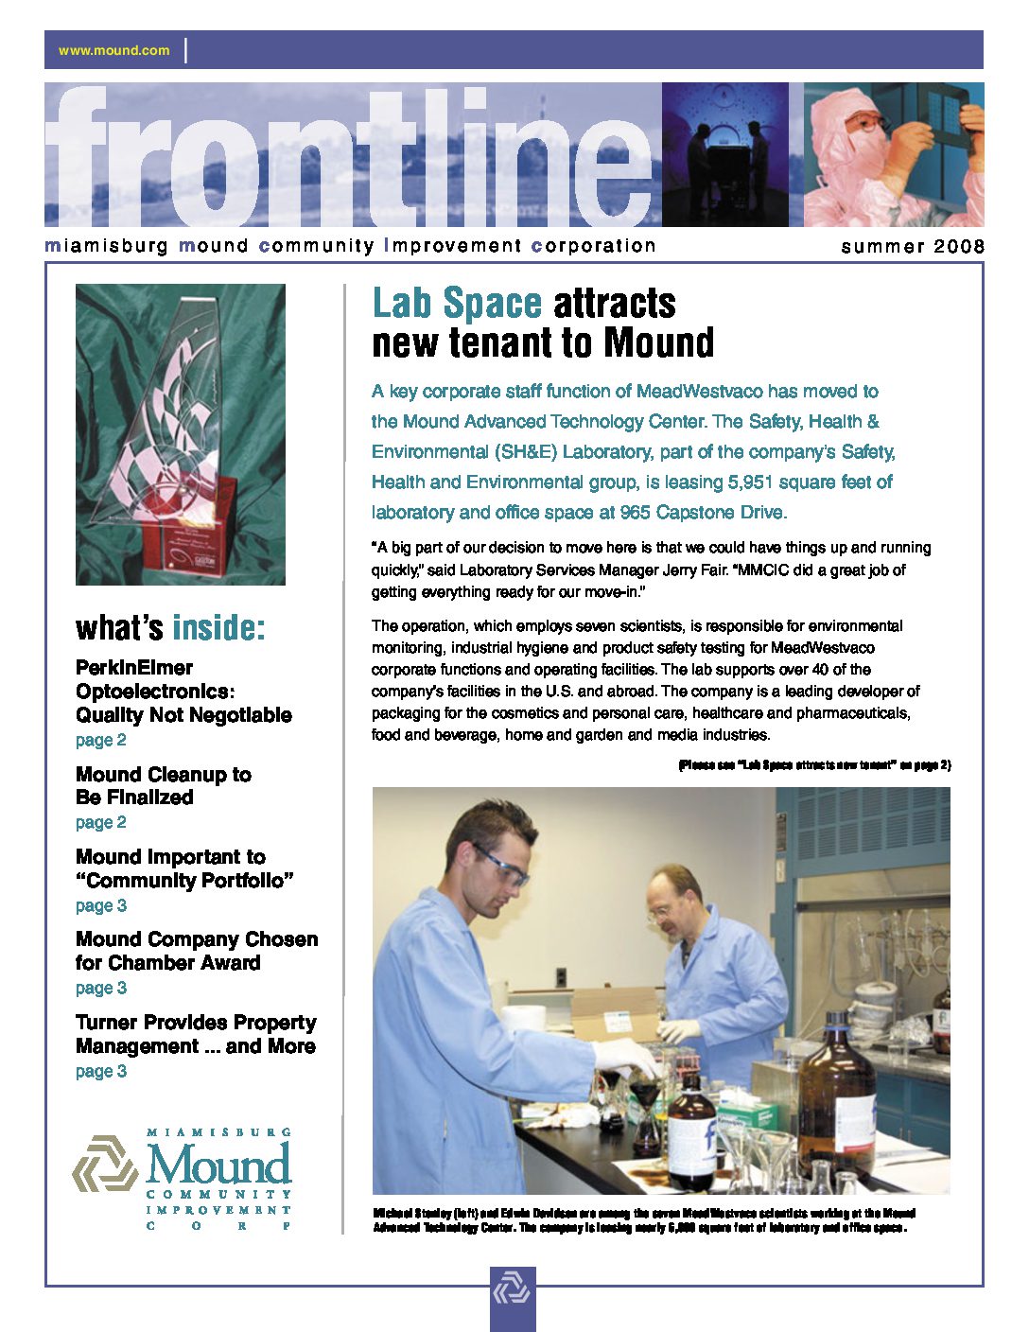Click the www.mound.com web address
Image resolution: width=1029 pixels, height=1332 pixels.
tap(113, 50)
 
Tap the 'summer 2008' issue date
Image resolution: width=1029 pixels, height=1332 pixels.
tap(912, 247)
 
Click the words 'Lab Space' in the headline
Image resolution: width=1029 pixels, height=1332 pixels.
tap(457, 304)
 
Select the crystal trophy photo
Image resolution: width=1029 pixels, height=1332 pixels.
tap(181, 434)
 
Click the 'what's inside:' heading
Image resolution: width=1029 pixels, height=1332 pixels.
tap(170, 627)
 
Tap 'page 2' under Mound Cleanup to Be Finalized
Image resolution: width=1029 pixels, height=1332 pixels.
tap(101, 822)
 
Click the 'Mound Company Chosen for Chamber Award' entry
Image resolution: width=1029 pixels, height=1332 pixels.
tap(197, 951)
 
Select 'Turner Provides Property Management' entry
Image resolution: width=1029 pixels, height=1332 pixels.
tap(196, 1034)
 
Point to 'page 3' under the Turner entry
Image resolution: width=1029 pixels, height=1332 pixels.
tap(101, 1071)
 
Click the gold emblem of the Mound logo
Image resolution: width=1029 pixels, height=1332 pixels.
tap(105, 1165)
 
